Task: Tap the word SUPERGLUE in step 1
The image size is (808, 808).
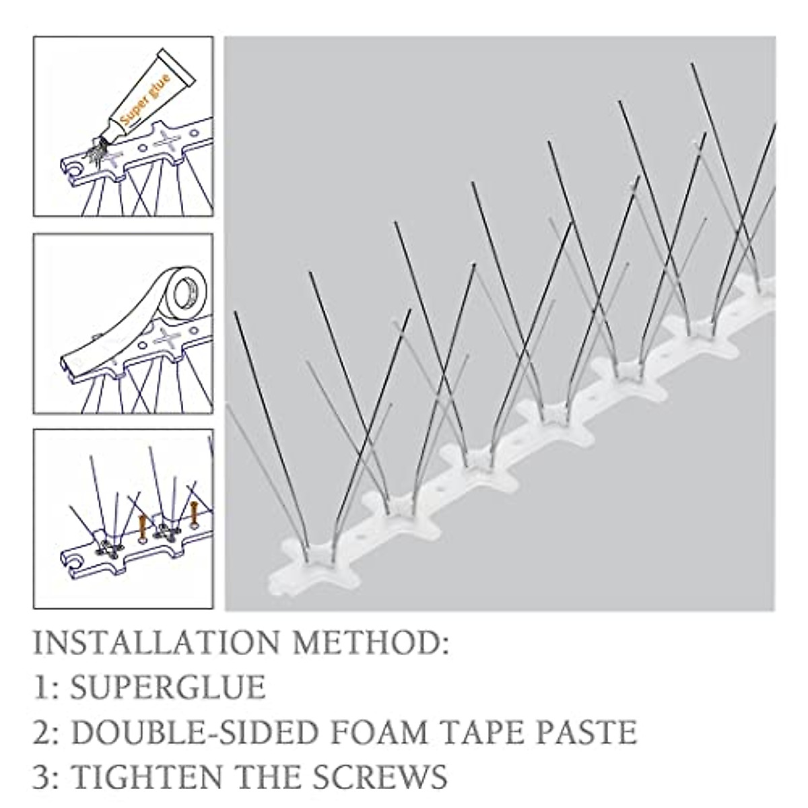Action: pyautogui.click(x=168, y=687)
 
